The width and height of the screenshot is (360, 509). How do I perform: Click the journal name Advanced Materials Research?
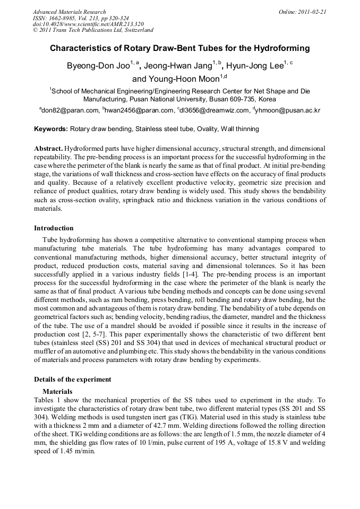point(69,11)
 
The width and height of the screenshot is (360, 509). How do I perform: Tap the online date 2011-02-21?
point(310,11)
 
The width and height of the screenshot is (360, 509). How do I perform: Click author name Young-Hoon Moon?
point(183,80)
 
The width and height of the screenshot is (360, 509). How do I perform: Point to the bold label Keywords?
point(51,129)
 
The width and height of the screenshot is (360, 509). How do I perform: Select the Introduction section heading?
point(54,228)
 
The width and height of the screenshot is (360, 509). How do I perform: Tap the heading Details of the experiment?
point(73,379)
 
